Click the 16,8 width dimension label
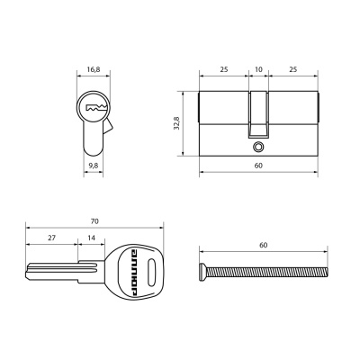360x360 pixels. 94,69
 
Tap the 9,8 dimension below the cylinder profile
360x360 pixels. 94,166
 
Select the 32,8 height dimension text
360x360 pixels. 177,123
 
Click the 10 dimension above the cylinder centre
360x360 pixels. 258,69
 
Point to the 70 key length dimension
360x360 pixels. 94,221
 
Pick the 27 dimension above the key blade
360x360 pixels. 52,238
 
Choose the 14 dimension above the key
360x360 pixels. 91,238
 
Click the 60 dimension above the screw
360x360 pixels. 263,245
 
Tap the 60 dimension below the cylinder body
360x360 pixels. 258,166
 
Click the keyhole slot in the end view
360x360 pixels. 96,107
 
